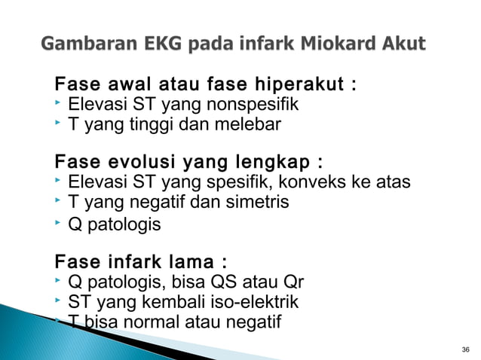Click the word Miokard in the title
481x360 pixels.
coord(340,43)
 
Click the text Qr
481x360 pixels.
coord(294,283)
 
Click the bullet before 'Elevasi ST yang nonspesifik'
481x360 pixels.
coord(59,101)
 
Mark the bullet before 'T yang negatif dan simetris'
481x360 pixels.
coord(59,201)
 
